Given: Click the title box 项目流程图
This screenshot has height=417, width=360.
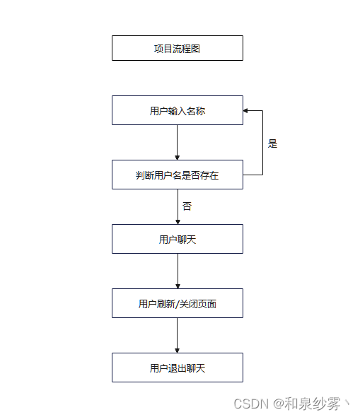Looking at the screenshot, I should coord(177,48).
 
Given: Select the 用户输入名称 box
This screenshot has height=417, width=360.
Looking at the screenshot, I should coord(177,110).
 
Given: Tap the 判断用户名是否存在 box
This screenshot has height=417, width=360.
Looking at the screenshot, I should coord(177,175).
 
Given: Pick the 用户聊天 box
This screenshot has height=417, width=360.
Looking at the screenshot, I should coord(177,239).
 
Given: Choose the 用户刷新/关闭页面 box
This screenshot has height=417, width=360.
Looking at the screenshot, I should coord(177,303).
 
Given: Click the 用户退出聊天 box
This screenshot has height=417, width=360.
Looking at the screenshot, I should coord(177,368).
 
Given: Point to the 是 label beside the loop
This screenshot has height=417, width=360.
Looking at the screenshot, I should coord(273,143).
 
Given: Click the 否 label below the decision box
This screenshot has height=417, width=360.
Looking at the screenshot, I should coord(187,206).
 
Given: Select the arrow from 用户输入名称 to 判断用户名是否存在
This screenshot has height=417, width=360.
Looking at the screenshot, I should coord(177,141).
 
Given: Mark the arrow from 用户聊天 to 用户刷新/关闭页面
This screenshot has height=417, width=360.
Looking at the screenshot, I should coord(177,270).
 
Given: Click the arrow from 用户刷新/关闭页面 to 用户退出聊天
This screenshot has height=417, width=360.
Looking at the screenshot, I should coord(177,334).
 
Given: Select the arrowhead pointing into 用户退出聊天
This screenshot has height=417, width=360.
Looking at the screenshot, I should coord(177,350).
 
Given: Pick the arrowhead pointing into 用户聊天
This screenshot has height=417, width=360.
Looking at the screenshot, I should coord(177,221).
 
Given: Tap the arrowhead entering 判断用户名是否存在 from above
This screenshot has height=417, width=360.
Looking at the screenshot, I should coord(177,157).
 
